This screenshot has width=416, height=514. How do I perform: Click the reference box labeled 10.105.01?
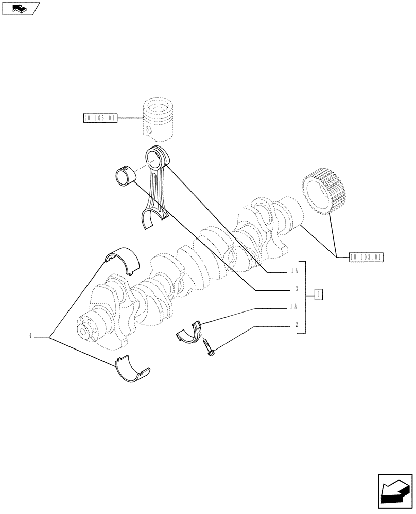(x=100, y=118)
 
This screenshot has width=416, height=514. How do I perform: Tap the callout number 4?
(x=30, y=336)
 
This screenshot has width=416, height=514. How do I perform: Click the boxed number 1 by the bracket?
(x=319, y=295)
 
